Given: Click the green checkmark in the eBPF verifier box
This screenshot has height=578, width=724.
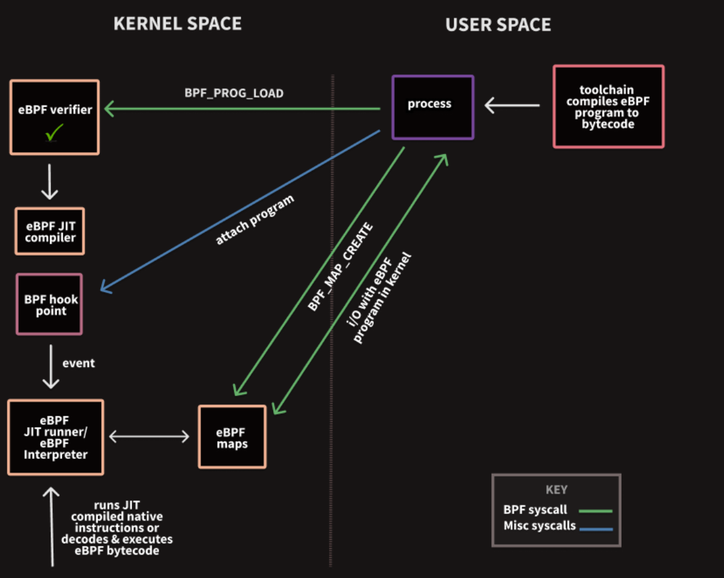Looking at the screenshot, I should (55, 132).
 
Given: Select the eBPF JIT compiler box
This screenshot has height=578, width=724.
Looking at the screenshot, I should (50, 231).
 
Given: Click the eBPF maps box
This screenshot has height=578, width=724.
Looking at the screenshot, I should (232, 437).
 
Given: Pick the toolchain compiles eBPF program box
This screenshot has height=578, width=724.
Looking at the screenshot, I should (609, 107).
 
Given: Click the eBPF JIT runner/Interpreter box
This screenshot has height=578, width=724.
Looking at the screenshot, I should (56, 437).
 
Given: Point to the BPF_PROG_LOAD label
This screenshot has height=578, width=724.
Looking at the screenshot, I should (234, 93).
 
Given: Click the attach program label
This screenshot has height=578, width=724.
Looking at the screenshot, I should (255, 220).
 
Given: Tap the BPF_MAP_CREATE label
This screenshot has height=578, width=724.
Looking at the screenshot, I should (341, 266).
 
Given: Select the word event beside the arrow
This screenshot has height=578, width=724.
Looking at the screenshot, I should (78, 363).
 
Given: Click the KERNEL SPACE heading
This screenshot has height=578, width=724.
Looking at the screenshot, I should (178, 23).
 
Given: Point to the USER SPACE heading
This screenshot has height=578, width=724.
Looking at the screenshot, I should (498, 25).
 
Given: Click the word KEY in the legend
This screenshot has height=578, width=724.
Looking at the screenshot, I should (556, 490).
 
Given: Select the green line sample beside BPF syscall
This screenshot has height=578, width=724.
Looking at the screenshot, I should (596, 511).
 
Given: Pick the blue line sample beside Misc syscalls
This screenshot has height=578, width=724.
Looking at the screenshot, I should (596, 529).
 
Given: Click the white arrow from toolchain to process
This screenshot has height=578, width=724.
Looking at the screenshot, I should (512, 105).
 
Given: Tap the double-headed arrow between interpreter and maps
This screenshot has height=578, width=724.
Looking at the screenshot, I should (149, 437).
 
